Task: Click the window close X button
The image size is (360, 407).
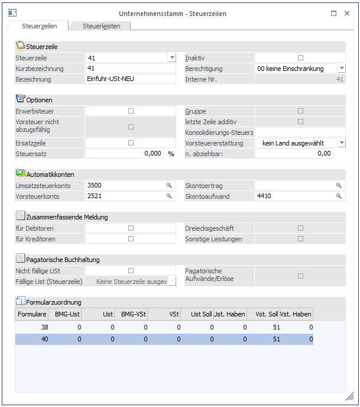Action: click(349, 13)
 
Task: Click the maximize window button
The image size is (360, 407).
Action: click(334, 13)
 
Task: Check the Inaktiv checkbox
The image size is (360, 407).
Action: click(300, 58)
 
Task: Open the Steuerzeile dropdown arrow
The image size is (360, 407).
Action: click(172, 58)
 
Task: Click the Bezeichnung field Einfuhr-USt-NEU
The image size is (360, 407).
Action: click(130, 79)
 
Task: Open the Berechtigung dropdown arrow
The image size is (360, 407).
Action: click(341, 69)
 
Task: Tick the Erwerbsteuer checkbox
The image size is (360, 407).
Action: click(131, 111)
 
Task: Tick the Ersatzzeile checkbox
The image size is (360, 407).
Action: click(131, 143)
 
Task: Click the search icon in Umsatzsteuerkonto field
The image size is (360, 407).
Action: click(169, 185)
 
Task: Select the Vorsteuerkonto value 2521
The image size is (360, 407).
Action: click(124, 196)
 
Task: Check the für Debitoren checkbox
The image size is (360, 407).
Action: click(131, 228)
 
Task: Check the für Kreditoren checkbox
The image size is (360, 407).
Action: click(131, 238)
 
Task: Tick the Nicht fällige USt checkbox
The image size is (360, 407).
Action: click(131, 270)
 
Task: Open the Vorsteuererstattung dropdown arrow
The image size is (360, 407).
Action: click(341, 143)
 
